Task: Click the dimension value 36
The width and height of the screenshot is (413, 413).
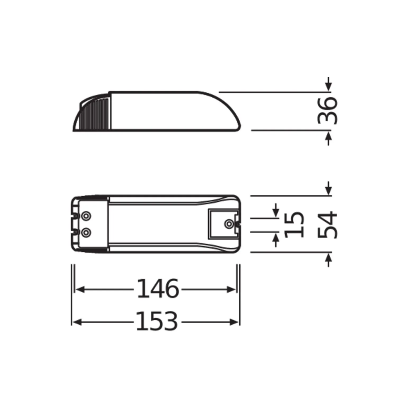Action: (327, 111)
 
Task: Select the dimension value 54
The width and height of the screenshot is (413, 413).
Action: (327, 225)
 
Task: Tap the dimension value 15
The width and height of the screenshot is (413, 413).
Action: (294, 225)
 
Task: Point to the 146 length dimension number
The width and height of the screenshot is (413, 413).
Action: (158, 289)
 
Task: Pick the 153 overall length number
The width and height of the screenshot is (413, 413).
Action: (157, 321)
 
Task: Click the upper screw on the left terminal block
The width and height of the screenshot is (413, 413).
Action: (86, 216)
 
